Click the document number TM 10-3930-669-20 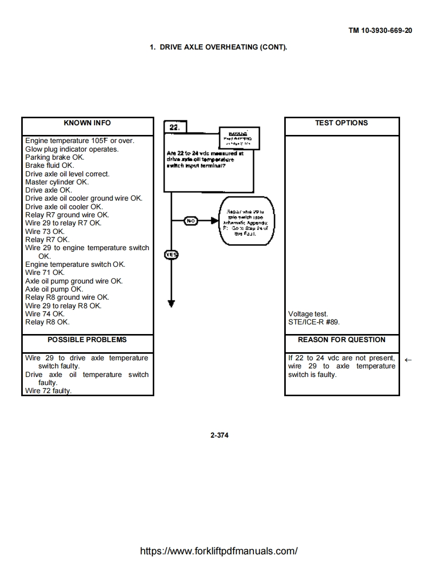tap(380, 30)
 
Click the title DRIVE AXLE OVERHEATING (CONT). tap(218, 48)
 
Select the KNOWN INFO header tap(87, 123)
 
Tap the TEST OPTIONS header tap(341, 123)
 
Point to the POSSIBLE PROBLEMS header tap(87, 340)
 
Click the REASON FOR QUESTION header tap(341, 340)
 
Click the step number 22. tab tap(174, 127)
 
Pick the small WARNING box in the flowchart tap(239, 138)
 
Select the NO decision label tap(191, 221)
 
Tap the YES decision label tap(171, 255)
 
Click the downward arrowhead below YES tap(171, 303)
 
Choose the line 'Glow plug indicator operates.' tap(72, 149)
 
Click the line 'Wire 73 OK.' tap(45, 231)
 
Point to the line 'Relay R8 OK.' tap(48, 322)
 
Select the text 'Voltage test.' tap(308, 314)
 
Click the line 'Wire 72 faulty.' tap(49, 391)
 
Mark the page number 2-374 tap(219, 435)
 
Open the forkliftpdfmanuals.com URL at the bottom tap(218, 551)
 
